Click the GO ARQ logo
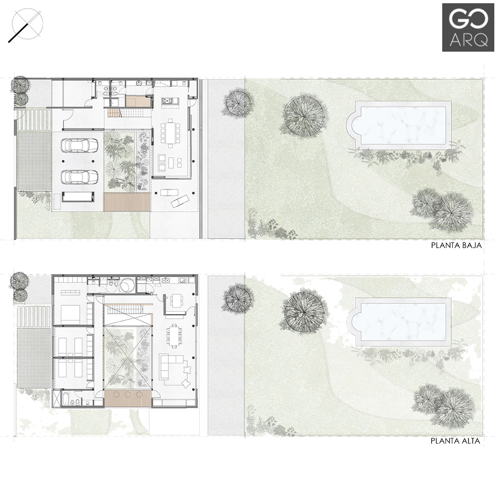[465, 27]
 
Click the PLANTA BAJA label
[456, 245]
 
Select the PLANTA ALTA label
[455, 441]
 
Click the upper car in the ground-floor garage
[80, 146]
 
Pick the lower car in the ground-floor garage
[80, 177]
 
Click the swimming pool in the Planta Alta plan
[399, 322]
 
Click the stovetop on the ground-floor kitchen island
[167, 101]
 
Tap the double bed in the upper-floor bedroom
[70, 314]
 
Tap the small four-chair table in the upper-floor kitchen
[176, 300]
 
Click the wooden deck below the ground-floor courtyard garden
[127, 202]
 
